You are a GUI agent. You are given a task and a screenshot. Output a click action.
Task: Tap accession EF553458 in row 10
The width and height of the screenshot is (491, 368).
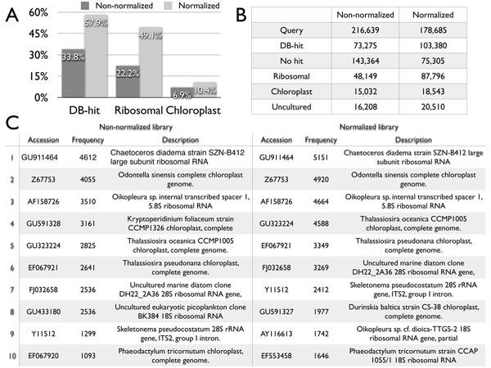277,357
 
